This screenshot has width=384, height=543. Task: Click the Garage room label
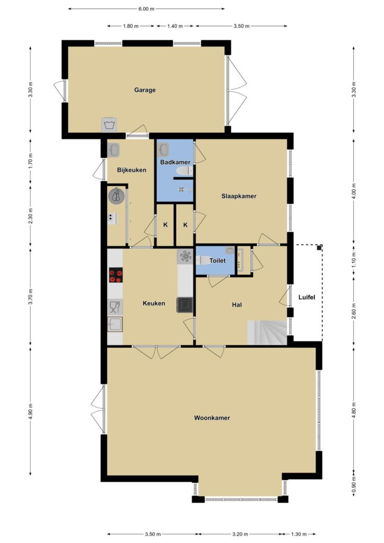(145, 90)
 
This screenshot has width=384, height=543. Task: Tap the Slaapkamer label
(239, 196)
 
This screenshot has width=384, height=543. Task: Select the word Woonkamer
(212, 418)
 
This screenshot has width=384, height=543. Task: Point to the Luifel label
(307, 297)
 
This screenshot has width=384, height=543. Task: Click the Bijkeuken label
(132, 170)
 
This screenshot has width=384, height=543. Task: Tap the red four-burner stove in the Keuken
(116, 275)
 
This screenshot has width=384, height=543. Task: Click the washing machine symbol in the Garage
(109, 125)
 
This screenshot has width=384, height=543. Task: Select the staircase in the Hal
(267, 332)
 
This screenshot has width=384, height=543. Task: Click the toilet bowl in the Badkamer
(184, 171)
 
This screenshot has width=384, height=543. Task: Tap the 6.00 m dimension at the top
(146, 9)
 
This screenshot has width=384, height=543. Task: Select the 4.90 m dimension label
(31, 411)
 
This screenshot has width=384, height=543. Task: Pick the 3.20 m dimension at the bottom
(240, 534)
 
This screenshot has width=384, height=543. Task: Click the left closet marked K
(165, 225)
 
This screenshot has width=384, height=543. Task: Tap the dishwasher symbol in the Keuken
(115, 307)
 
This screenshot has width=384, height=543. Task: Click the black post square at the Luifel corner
(319, 248)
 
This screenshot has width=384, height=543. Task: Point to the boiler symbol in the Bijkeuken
(116, 196)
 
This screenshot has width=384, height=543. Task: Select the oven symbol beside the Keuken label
(185, 305)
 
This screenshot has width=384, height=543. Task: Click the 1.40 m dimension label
(175, 26)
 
